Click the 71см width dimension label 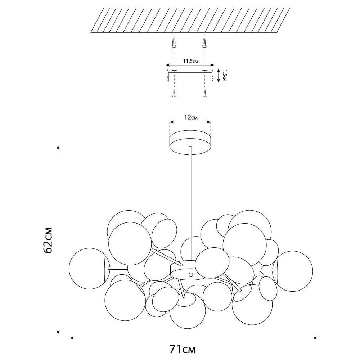(183, 350)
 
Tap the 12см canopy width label (191, 117)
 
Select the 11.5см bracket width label (190, 61)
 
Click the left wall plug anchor (174, 43)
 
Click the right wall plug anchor (204, 43)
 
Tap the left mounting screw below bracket (174, 94)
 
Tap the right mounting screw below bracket (204, 94)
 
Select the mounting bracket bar (190, 71)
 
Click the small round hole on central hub (190, 274)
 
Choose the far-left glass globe (89, 269)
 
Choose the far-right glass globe (293, 271)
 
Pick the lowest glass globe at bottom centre (188, 310)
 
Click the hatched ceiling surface (190, 21)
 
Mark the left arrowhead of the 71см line (72, 338)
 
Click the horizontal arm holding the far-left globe (118, 268)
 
